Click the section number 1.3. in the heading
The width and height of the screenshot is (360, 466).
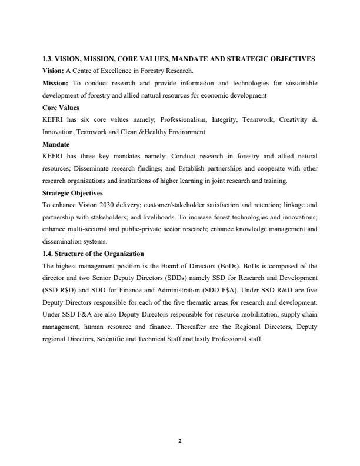point(50,59)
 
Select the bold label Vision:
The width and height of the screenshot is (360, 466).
point(54,71)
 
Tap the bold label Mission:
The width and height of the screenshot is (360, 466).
point(56,83)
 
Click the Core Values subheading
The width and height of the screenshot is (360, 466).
point(60,107)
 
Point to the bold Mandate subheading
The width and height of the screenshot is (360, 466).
point(56,144)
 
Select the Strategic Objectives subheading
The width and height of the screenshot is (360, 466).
point(72,192)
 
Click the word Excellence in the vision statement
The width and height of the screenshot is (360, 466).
point(116,71)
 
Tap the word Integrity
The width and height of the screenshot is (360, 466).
point(225,119)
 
